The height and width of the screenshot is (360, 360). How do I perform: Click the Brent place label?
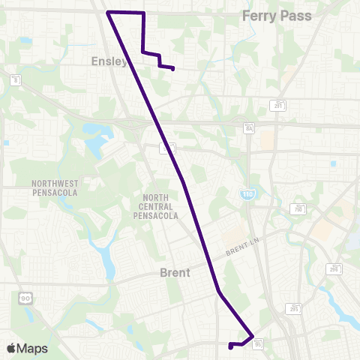(175, 274)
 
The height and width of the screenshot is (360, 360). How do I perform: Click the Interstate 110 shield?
(247, 194)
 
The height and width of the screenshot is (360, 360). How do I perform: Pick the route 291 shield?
(279, 106)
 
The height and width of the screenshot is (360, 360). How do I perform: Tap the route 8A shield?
(249, 128)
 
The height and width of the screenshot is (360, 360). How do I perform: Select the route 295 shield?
(295, 307)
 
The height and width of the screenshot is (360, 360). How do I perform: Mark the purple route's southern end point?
(230, 347)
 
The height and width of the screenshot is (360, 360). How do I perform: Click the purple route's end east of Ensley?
(173, 70)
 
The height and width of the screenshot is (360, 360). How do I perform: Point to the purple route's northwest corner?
(109, 13)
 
